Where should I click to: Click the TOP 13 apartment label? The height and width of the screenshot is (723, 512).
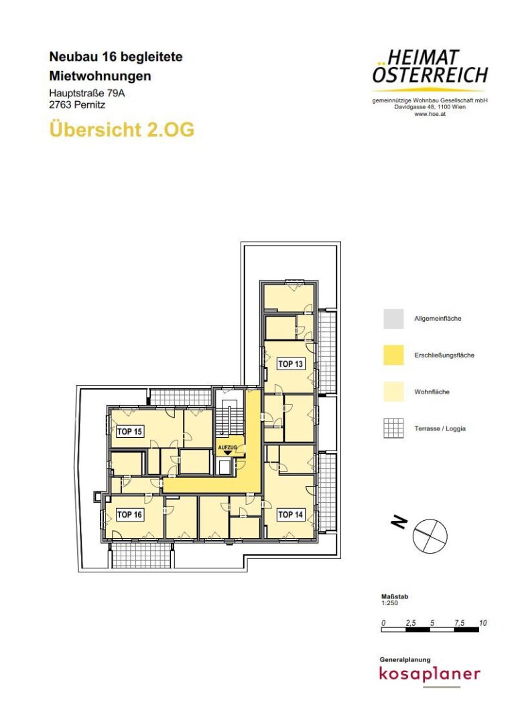tap(290, 364)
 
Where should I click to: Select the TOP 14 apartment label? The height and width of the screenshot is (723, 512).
tap(290, 514)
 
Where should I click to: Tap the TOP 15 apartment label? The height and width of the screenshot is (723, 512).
tap(130, 432)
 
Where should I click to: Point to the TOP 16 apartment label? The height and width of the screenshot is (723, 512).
tap(130, 514)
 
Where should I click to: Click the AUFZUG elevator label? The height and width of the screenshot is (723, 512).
tap(227, 448)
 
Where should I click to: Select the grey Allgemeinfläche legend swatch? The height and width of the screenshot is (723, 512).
tap(393, 319)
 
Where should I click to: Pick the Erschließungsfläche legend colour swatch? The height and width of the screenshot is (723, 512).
tap(393, 355)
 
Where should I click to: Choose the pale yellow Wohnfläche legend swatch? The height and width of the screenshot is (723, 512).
tap(393, 392)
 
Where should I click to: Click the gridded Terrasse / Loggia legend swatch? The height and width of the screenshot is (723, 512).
tap(393, 428)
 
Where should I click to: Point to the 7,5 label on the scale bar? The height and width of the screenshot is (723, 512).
tap(459, 623)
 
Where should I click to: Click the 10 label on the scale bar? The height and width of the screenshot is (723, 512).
tap(483, 623)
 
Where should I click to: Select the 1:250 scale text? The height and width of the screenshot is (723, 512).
tap(389, 603)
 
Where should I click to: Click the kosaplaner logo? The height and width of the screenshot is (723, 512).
tap(430, 674)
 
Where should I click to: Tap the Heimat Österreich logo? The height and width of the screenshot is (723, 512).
tap(430, 68)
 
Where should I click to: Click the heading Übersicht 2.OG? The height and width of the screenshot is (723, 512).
tap(122, 129)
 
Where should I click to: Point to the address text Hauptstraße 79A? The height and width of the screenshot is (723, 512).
tap(87, 93)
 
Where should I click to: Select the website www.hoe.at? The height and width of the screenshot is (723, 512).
tap(430, 114)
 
